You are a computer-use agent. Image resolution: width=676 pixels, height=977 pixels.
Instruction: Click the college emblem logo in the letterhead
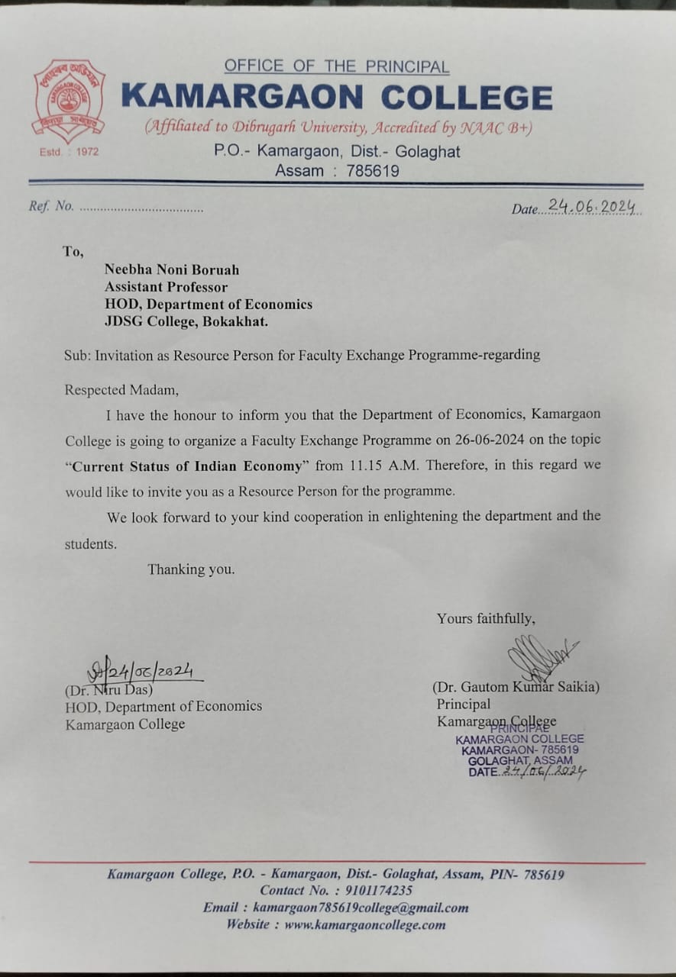69,101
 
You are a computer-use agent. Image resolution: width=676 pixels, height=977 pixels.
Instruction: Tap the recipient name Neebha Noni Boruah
172,269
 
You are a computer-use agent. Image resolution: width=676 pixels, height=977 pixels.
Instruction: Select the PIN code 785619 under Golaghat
373,171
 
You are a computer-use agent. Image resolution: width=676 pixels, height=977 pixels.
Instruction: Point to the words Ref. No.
51,206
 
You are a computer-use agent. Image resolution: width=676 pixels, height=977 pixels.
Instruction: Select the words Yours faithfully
486,618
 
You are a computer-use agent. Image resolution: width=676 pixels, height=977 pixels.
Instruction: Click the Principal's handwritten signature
539,657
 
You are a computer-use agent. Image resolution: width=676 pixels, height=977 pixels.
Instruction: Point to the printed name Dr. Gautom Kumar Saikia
516,687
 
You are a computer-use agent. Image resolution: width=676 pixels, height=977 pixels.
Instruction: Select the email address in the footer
361,908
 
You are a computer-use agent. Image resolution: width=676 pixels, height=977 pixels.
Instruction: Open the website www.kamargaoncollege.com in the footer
364,924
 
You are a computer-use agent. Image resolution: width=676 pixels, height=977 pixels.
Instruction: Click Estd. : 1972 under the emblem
69,151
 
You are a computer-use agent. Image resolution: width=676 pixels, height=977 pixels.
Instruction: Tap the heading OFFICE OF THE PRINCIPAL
336,66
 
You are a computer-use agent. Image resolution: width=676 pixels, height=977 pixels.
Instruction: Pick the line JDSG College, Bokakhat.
186,321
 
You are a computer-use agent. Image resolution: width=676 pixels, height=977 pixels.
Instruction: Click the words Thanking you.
191,569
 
